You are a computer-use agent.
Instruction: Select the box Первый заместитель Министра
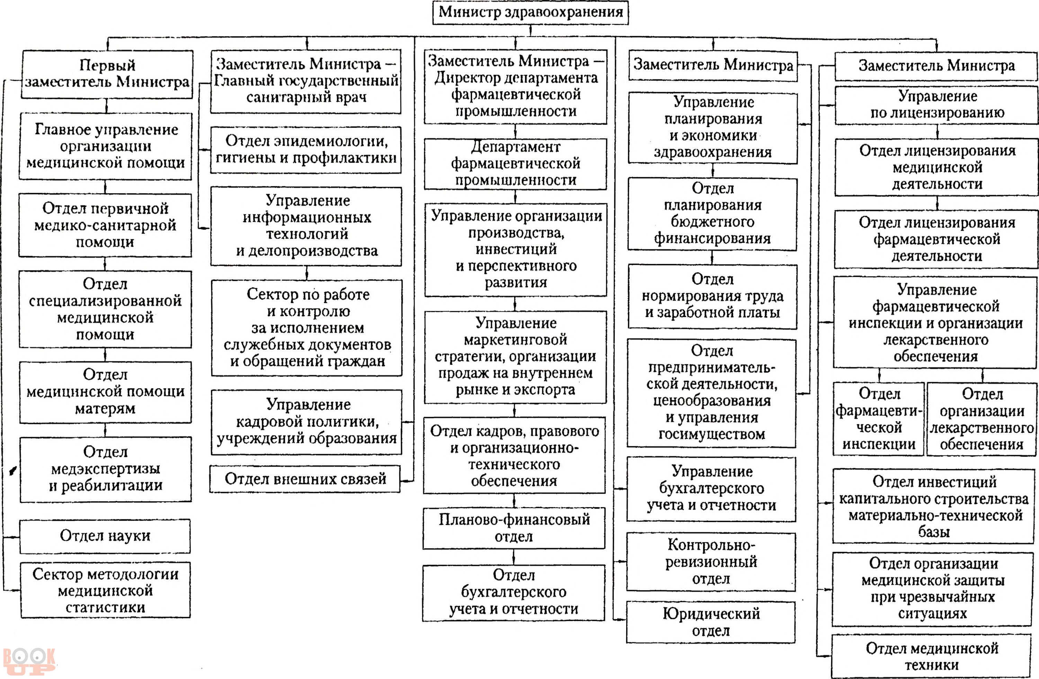click(x=107, y=74)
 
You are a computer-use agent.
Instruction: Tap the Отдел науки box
click(x=105, y=536)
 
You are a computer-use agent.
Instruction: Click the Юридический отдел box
click(x=711, y=622)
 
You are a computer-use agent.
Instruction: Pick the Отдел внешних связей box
click(x=305, y=479)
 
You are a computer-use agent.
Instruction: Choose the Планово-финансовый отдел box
click(x=514, y=528)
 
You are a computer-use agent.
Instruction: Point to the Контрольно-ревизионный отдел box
click(x=711, y=562)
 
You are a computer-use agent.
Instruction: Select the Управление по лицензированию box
click(x=937, y=105)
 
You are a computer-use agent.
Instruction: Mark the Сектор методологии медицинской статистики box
click(x=105, y=590)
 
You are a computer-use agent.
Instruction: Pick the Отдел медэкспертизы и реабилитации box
click(x=106, y=469)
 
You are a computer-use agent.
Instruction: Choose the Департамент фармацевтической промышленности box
click(x=516, y=164)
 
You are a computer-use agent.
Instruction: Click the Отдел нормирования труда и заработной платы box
click(x=712, y=297)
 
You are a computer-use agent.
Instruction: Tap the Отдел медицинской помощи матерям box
click(x=105, y=392)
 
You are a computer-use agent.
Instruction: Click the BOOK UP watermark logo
click(x=29, y=662)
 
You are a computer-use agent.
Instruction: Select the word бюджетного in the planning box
click(x=712, y=222)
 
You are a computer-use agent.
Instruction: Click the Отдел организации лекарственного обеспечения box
click(x=982, y=419)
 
